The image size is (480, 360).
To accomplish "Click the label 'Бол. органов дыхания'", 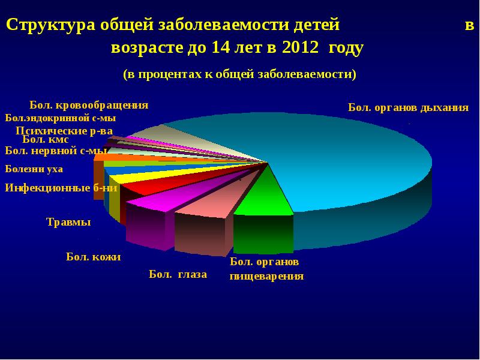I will click(408, 108).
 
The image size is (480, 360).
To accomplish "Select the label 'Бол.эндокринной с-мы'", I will click(60, 118).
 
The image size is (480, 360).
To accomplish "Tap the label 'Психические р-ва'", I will click(65, 130).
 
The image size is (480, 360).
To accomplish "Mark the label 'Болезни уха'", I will click(34, 169).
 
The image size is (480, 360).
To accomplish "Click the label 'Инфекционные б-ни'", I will click(60, 187).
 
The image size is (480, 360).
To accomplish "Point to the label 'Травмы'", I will click(68, 223).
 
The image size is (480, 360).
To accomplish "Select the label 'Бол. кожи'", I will click(94, 257).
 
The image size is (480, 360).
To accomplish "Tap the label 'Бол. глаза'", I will click(178, 275).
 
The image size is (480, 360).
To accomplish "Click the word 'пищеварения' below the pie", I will click(267, 277).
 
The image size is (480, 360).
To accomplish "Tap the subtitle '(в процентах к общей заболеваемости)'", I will click(240, 74).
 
